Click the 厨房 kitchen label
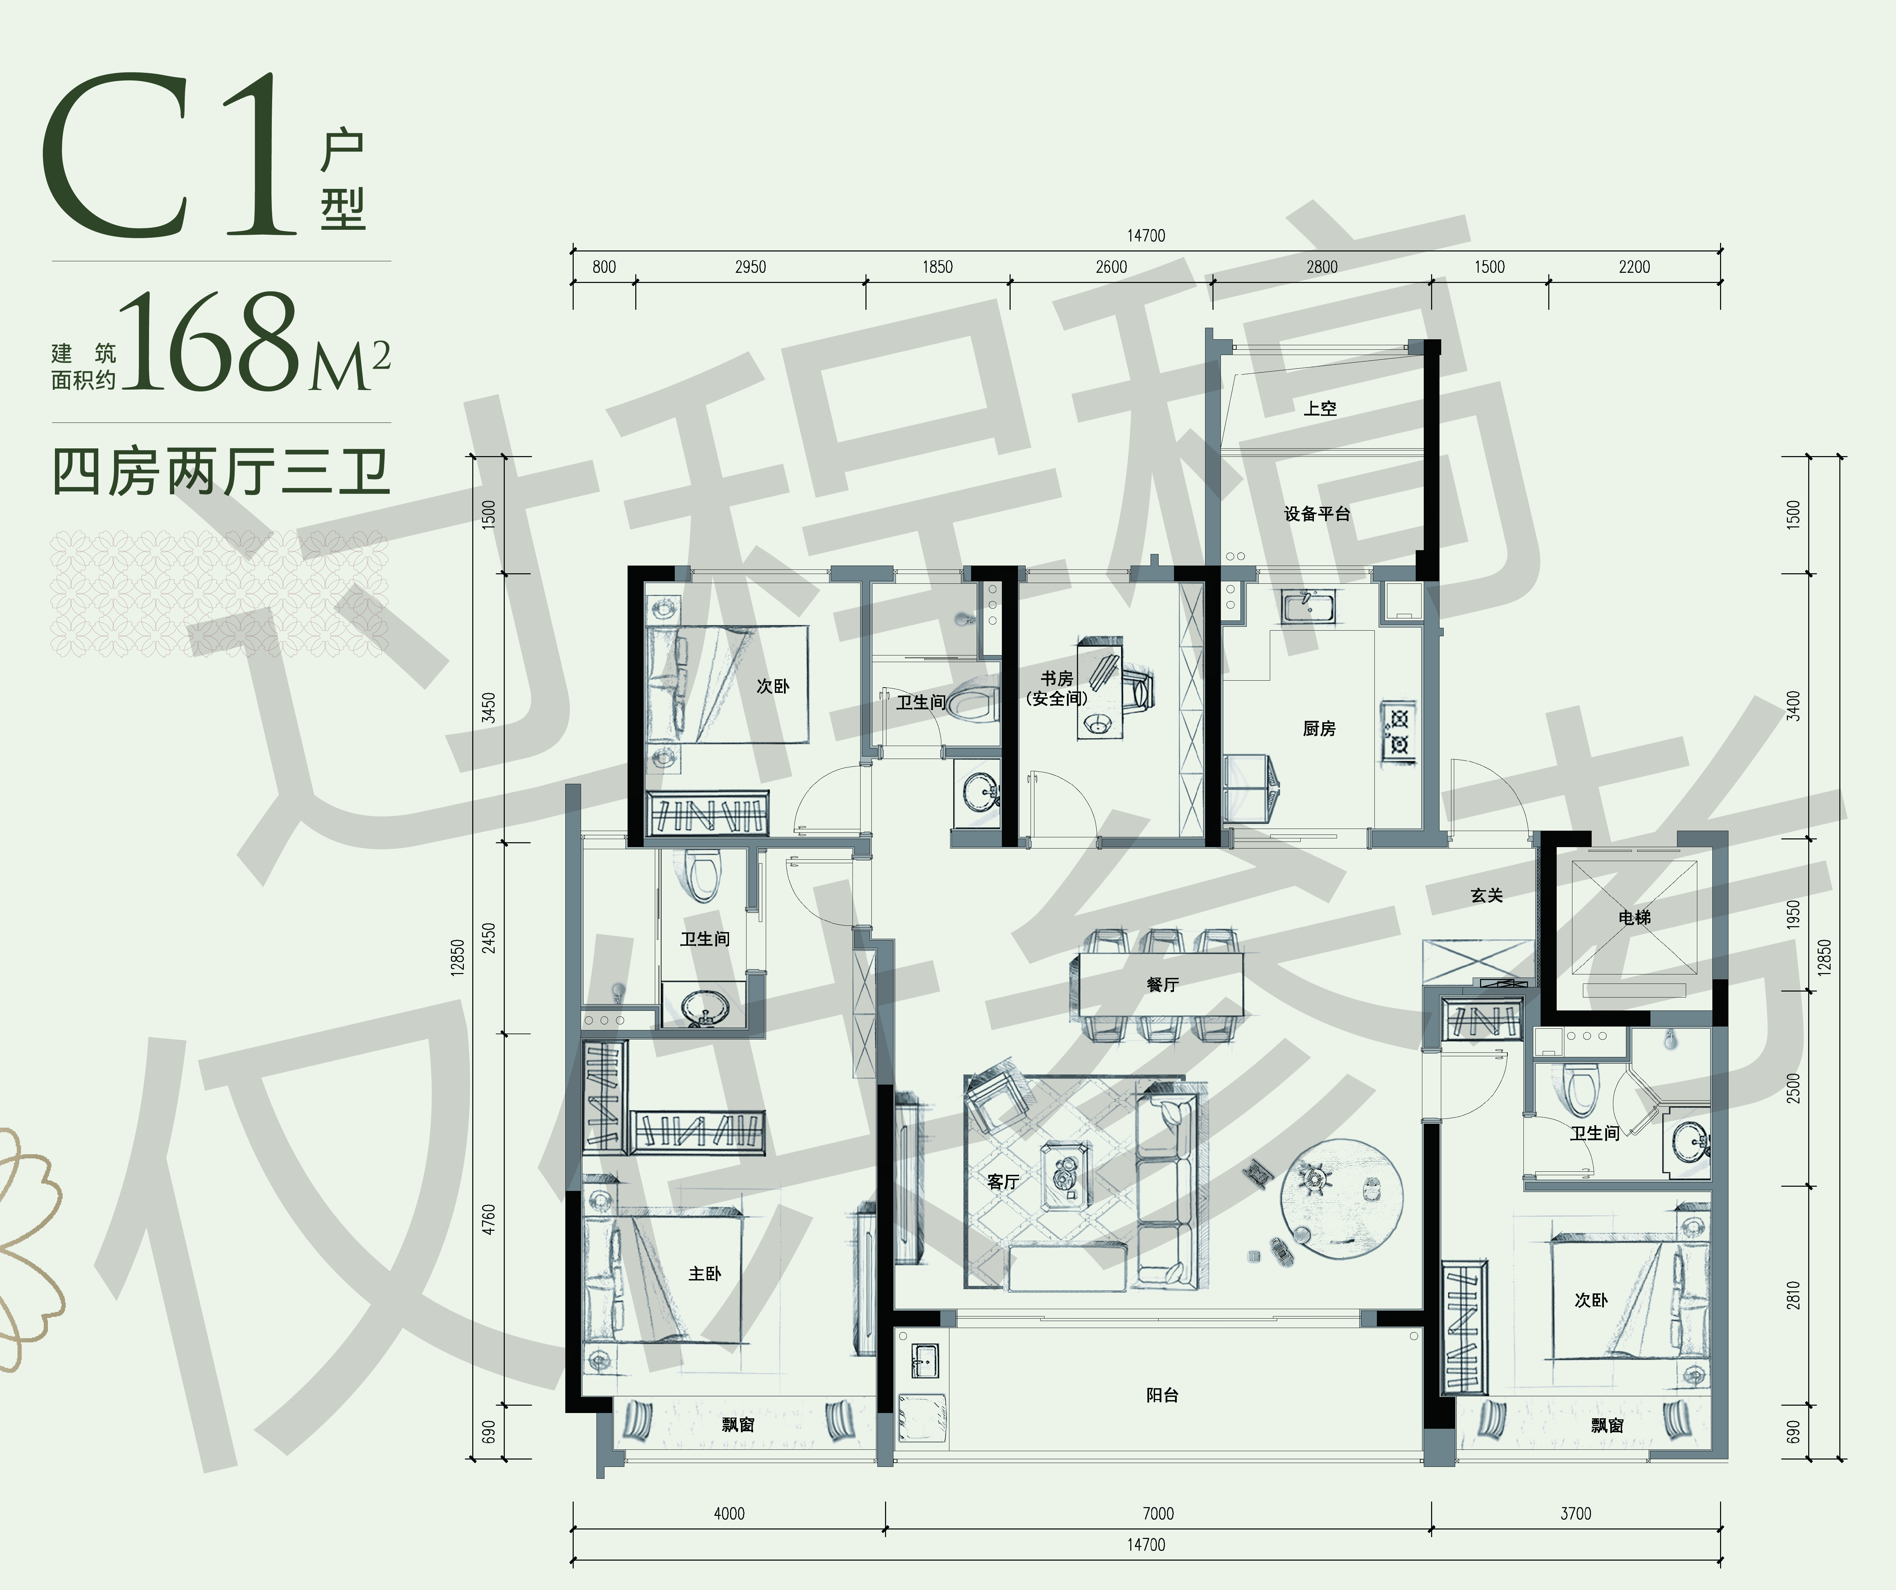(x=1319, y=729)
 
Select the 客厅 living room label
(x=1003, y=1182)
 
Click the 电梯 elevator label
(x=1634, y=917)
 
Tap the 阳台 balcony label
(x=1162, y=1395)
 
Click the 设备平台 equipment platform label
(x=1317, y=514)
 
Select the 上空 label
(x=1320, y=408)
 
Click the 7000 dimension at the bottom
(x=1158, y=1513)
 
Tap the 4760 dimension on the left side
(x=488, y=1220)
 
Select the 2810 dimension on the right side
(x=1793, y=1295)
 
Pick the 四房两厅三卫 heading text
(x=221, y=471)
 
